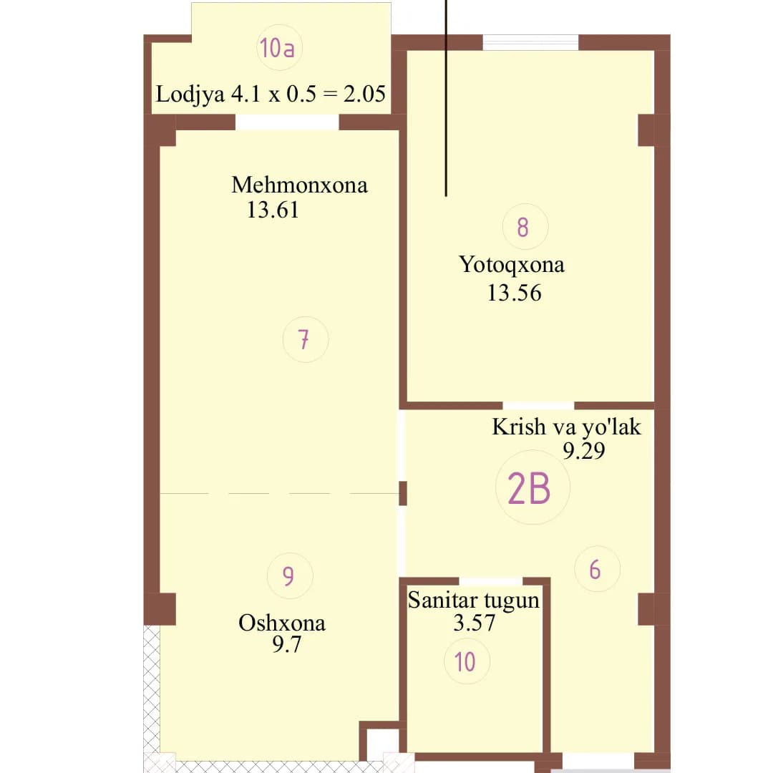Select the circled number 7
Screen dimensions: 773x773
pyautogui.click(x=305, y=340)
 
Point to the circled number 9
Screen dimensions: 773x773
pyautogui.click(x=289, y=575)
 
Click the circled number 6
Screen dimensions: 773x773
pyautogui.click(x=597, y=570)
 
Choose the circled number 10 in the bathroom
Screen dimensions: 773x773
pyautogui.click(x=467, y=661)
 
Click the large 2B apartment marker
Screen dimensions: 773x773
pyautogui.click(x=533, y=487)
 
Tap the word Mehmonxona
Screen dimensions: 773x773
pyautogui.click(x=300, y=185)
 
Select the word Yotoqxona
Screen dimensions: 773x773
pyautogui.click(x=512, y=266)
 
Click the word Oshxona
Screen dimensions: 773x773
pyautogui.click(x=282, y=623)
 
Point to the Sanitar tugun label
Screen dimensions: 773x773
pyautogui.click(x=474, y=601)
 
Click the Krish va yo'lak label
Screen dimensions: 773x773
pyautogui.click(x=566, y=427)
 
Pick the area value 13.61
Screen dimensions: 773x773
pyautogui.click(x=273, y=210)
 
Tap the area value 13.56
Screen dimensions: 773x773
pyautogui.click(x=514, y=293)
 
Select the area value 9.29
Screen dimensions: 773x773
pyautogui.click(x=584, y=451)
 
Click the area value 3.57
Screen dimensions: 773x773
pyautogui.click(x=475, y=623)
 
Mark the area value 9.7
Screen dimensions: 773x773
pyautogui.click(x=286, y=644)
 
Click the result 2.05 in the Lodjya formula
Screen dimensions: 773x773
pyautogui.click(x=364, y=94)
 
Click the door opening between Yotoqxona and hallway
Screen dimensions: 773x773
pyautogui.click(x=538, y=406)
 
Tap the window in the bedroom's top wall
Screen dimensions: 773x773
pyautogui.click(x=530, y=42)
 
